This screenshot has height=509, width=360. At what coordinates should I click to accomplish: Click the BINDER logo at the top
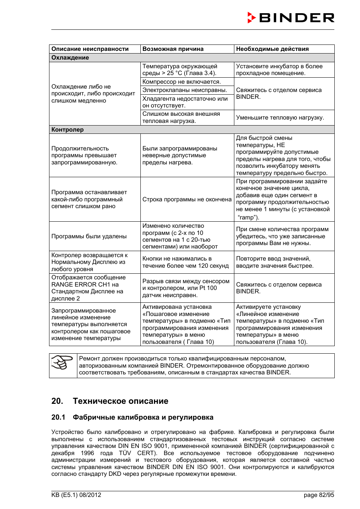pyautogui.click(x=291, y=18)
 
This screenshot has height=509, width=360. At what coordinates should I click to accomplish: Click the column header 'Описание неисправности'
pyautogui.click(x=90, y=49)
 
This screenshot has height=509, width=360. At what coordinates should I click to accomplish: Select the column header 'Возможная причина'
pyautogui.click(x=173, y=49)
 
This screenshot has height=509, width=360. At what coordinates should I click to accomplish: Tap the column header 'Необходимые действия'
pyautogui.click(x=272, y=49)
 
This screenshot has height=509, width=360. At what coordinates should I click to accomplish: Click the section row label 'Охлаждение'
pyautogui.click(x=70, y=58)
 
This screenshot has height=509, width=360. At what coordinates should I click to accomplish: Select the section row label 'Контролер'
pyautogui.click(x=68, y=130)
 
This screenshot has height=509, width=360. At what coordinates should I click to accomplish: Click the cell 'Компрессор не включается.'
pyautogui.click(x=182, y=82)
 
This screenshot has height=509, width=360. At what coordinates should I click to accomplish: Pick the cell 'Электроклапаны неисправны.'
pyautogui.click(x=185, y=90)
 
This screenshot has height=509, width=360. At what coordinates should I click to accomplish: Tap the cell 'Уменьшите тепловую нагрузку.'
pyautogui.click(x=280, y=118)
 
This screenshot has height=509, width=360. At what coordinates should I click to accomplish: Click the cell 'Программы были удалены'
pyautogui.click(x=89, y=236)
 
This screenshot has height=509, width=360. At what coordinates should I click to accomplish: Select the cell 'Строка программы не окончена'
pyautogui.click(x=187, y=199)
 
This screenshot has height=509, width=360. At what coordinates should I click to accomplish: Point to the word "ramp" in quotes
pyautogui.click(x=247, y=218)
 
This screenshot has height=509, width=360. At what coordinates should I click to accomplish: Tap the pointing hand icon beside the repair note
pyautogui.click(x=62, y=363)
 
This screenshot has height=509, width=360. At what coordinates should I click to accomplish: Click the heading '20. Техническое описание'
pyautogui.click(x=110, y=401)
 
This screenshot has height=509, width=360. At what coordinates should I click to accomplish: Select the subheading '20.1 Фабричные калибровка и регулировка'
pyautogui.click(x=132, y=417)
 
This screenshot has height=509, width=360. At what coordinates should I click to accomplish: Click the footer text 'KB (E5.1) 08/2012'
pyautogui.click(x=76, y=495)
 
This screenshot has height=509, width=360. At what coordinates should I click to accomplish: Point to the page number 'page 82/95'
pyautogui.click(x=318, y=495)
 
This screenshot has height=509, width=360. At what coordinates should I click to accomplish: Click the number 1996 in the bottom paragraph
pyautogui.click(x=87, y=453)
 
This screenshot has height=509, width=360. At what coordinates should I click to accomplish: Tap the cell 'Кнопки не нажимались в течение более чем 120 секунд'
pyautogui.click(x=185, y=262)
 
